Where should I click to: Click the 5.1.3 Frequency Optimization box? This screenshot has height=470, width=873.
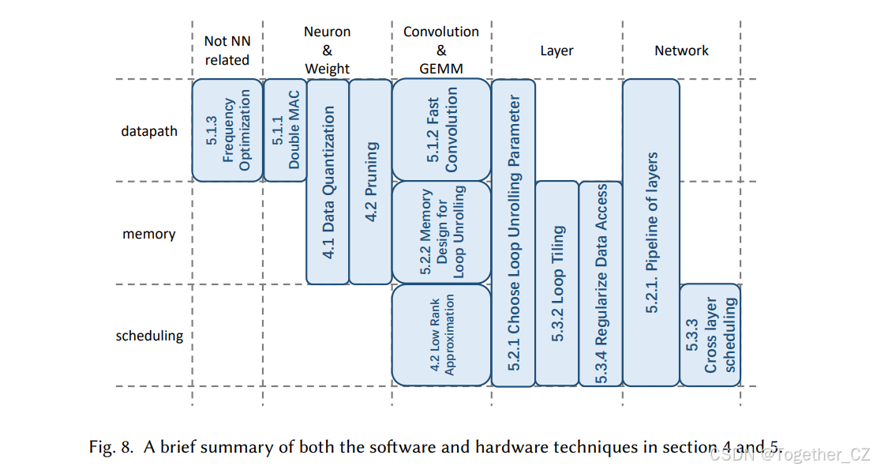[227, 130]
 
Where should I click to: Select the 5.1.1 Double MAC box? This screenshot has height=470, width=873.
[284, 130]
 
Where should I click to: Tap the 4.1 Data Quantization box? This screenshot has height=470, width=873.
[328, 182]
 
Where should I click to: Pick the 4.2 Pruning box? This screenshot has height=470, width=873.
[370, 182]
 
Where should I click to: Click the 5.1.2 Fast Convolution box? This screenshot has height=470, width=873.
[441, 130]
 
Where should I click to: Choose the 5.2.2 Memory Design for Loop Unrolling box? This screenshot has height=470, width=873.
[441, 232]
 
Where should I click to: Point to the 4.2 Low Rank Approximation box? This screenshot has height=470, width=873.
[441, 335]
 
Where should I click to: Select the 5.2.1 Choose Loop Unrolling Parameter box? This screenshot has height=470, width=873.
[513, 232]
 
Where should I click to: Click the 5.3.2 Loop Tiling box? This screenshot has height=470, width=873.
[556, 284]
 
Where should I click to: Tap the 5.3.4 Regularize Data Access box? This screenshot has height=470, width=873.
[601, 284]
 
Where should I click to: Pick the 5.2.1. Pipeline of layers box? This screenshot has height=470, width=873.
[651, 232]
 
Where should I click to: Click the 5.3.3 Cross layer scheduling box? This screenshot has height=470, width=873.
[710, 335]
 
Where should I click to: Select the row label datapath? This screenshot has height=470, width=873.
[149, 131]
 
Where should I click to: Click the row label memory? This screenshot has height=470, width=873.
[148, 234]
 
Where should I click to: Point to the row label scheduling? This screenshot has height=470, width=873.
[149, 336]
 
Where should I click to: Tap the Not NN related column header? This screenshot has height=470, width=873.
[227, 51]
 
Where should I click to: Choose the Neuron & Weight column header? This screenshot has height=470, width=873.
[327, 51]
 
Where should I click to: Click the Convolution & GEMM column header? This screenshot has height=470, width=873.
[441, 51]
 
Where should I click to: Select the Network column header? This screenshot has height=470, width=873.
[681, 51]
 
